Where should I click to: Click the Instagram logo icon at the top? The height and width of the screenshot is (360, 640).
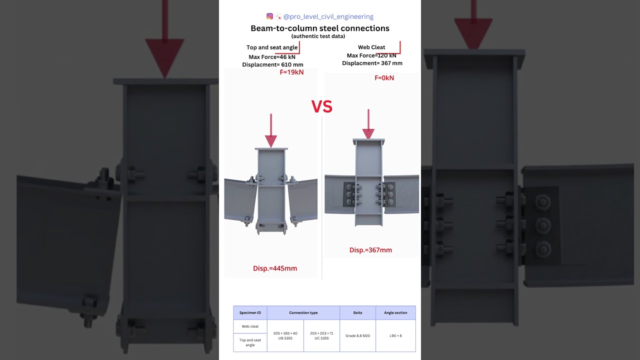coord(269,16)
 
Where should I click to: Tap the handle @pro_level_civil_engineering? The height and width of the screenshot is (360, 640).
coord(328,16)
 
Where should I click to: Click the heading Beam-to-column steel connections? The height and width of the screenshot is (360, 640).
coord(320,28)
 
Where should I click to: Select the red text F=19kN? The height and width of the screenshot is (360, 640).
coord(291,72)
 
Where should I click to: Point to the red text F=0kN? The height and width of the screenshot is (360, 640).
coord(384,78)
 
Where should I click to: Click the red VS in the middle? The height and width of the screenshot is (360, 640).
coord(322,106)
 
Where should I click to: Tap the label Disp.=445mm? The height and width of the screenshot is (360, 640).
coord(275,268)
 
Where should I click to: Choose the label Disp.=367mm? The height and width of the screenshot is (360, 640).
coord(370,250)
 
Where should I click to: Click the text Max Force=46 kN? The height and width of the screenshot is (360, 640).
coord(272,57)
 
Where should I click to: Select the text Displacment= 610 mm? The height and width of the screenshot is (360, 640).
coord(272,64)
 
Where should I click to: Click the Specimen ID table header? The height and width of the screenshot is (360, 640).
coord(250,313)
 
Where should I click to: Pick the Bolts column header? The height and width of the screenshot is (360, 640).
coord(357,313)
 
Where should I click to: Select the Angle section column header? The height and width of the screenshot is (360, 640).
coord(395,313)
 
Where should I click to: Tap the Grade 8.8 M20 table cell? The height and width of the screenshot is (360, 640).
coord(357,335)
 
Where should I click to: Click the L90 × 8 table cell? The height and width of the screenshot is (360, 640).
coord(395,335)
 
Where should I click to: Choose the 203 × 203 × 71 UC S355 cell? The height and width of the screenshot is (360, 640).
coord(321,335)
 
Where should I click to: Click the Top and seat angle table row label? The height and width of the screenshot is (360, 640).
coord(250,342)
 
